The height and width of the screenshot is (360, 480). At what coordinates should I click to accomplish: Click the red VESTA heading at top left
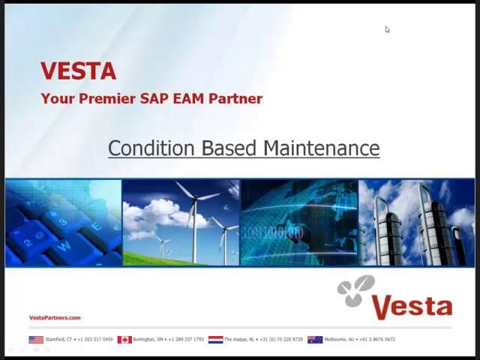click(78, 71)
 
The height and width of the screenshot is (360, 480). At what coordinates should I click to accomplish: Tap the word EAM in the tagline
click(191, 98)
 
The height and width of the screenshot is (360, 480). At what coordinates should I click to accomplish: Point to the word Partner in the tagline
click(237, 98)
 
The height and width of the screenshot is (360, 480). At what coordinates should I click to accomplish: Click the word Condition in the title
click(152, 148)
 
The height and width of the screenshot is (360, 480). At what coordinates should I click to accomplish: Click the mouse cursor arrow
click(387, 29)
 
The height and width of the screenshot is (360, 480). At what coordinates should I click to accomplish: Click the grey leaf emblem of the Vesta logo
click(355, 291)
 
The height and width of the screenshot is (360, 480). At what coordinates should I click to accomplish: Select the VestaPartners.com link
click(55, 318)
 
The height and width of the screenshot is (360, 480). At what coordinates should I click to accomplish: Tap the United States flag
click(36, 340)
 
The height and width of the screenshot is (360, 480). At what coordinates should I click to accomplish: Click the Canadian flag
click(124, 340)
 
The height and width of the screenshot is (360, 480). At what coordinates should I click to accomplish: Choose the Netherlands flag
click(215, 340)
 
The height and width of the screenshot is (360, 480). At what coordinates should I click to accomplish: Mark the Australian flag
click(315, 340)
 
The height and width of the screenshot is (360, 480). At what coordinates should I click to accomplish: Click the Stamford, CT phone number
click(94, 340)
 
